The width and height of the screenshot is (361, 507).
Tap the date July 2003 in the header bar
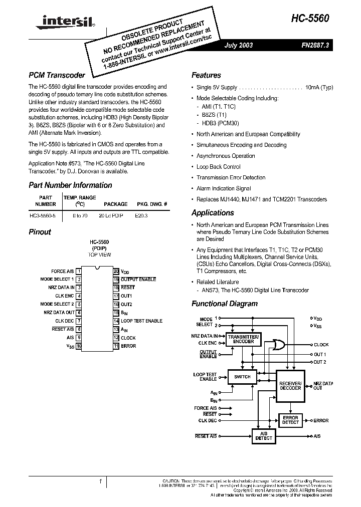[239, 45]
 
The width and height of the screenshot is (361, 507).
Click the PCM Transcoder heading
[57, 76]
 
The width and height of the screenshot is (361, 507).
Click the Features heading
[206, 76]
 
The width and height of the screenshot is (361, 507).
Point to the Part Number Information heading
[70, 185]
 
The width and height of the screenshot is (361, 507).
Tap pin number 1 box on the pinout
[79, 271]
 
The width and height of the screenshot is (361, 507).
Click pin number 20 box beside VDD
[116, 271]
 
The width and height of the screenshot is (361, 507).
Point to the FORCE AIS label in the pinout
[63, 271]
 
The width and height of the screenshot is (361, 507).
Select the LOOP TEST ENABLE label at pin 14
[141, 321]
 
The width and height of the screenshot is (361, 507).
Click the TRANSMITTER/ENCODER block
[243, 339]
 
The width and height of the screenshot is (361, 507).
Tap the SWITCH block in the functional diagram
[242, 377]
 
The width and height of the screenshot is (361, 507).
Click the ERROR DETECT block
[290, 420]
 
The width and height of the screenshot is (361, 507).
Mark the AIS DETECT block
[264, 436]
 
